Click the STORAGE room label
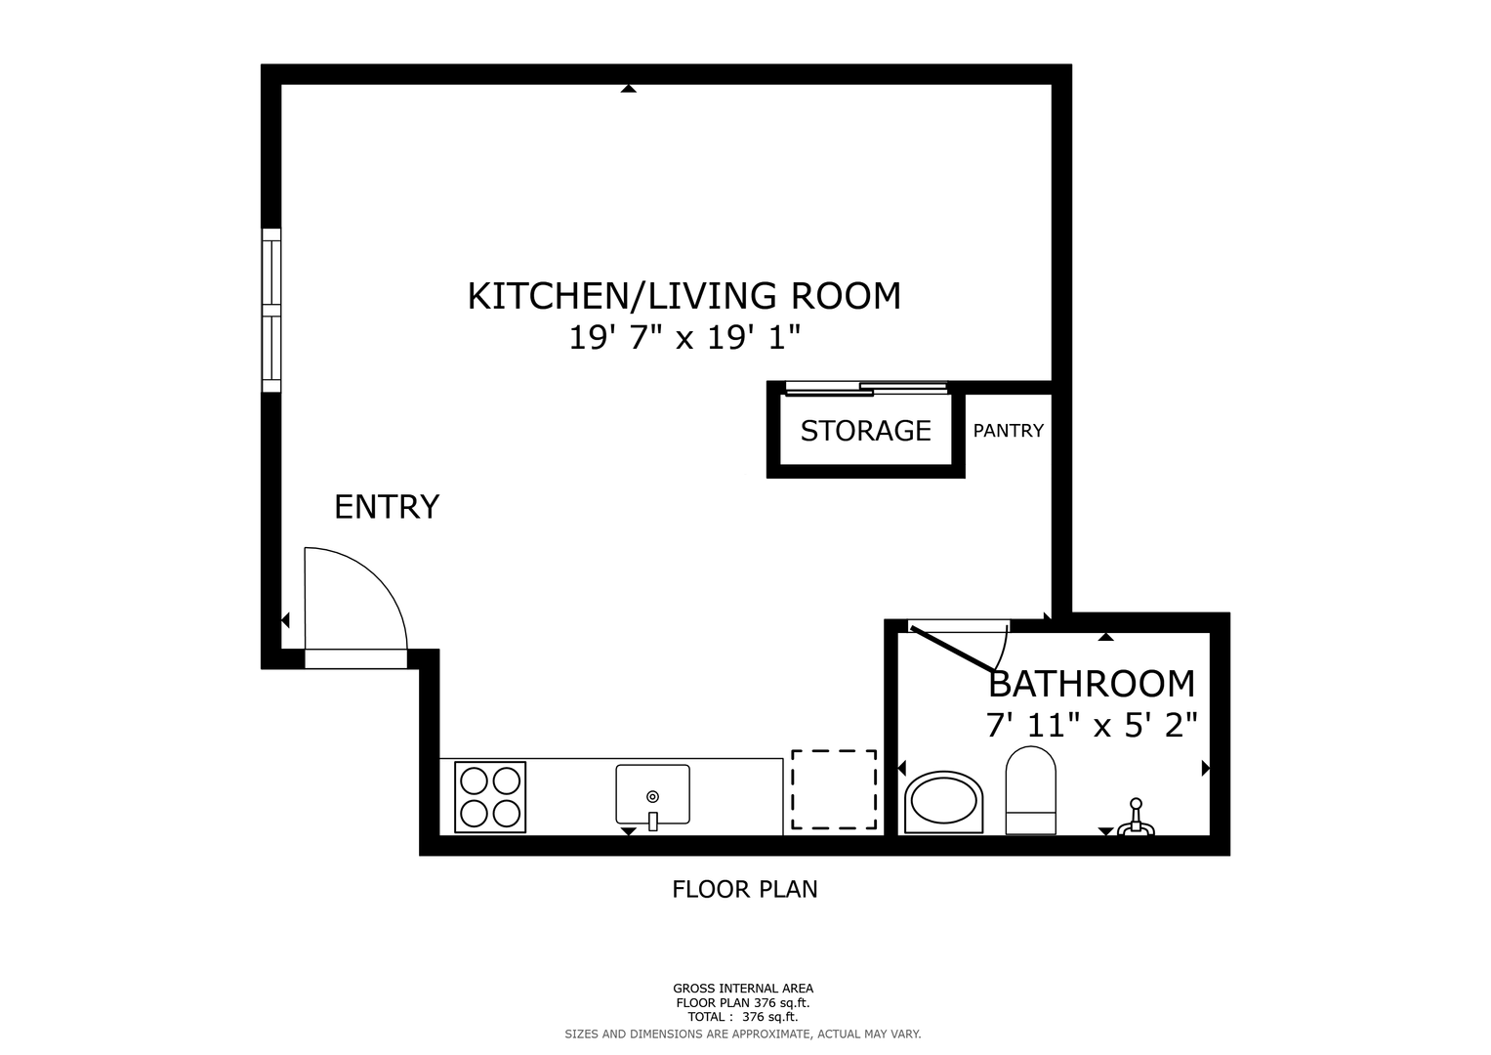point(865,431)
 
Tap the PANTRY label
point(1009,431)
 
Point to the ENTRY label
point(387,507)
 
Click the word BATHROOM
point(1092,684)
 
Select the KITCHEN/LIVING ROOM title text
point(684,296)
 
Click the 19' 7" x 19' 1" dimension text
point(684,338)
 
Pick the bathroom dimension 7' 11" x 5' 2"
point(1092,725)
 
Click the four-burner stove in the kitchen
point(490,797)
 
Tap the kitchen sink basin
point(652,794)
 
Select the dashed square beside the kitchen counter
point(833,790)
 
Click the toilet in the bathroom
point(1030,790)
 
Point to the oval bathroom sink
point(944,802)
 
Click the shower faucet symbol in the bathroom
point(1136,818)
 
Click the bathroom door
point(953,648)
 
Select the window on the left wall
point(270,311)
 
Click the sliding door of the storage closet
point(866,389)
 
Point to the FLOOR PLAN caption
point(745,889)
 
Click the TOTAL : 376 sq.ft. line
point(743,1017)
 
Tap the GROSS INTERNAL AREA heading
point(743,989)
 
